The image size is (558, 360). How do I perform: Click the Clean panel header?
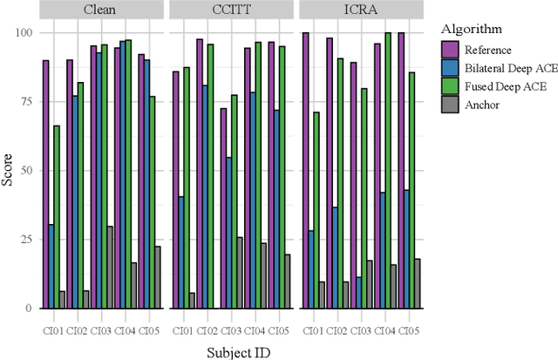pyautogui.click(x=101, y=10)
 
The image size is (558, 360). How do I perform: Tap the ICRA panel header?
pyautogui.click(x=361, y=10)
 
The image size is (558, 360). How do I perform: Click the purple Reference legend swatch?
pyautogui.click(x=451, y=51)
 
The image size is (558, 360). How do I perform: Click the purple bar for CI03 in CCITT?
pyautogui.click(x=223, y=207)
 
